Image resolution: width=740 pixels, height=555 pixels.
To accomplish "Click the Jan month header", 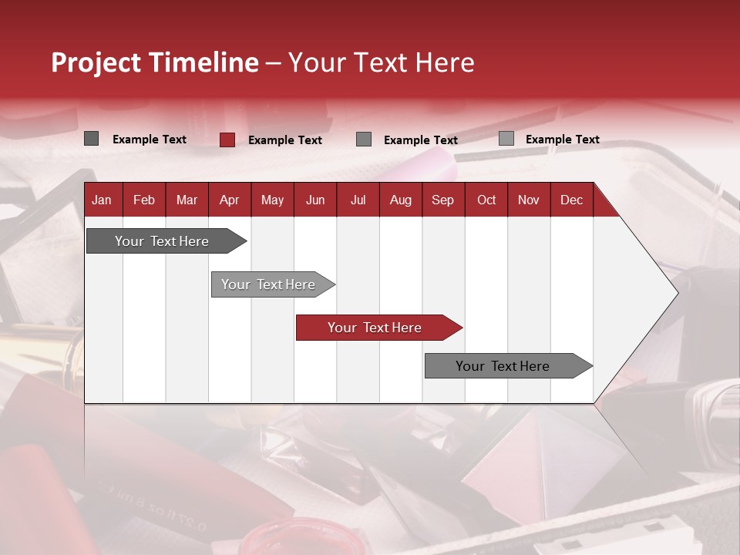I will (102, 200).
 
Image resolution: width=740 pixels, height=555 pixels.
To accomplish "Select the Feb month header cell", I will (144, 200).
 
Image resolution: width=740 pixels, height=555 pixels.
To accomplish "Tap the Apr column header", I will (230, 200).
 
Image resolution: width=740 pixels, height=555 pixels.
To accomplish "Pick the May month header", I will (272, 200).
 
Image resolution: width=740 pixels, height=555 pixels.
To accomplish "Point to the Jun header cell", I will (315, 200).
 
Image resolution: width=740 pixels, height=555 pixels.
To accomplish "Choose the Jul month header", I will (358, 200).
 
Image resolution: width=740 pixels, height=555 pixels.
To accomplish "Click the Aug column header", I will (401, 200).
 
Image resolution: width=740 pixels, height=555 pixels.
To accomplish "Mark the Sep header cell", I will (443, 200).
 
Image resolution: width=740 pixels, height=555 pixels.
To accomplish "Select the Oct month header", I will (486, 200).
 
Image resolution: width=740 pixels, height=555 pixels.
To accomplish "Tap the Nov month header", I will (529, 200).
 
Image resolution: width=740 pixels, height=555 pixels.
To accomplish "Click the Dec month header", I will (572, 200).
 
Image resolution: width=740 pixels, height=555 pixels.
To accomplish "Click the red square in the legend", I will (227, 140).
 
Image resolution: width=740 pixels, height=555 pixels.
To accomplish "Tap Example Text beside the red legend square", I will (285, 140).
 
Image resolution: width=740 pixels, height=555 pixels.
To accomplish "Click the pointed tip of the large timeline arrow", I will (676, 292).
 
